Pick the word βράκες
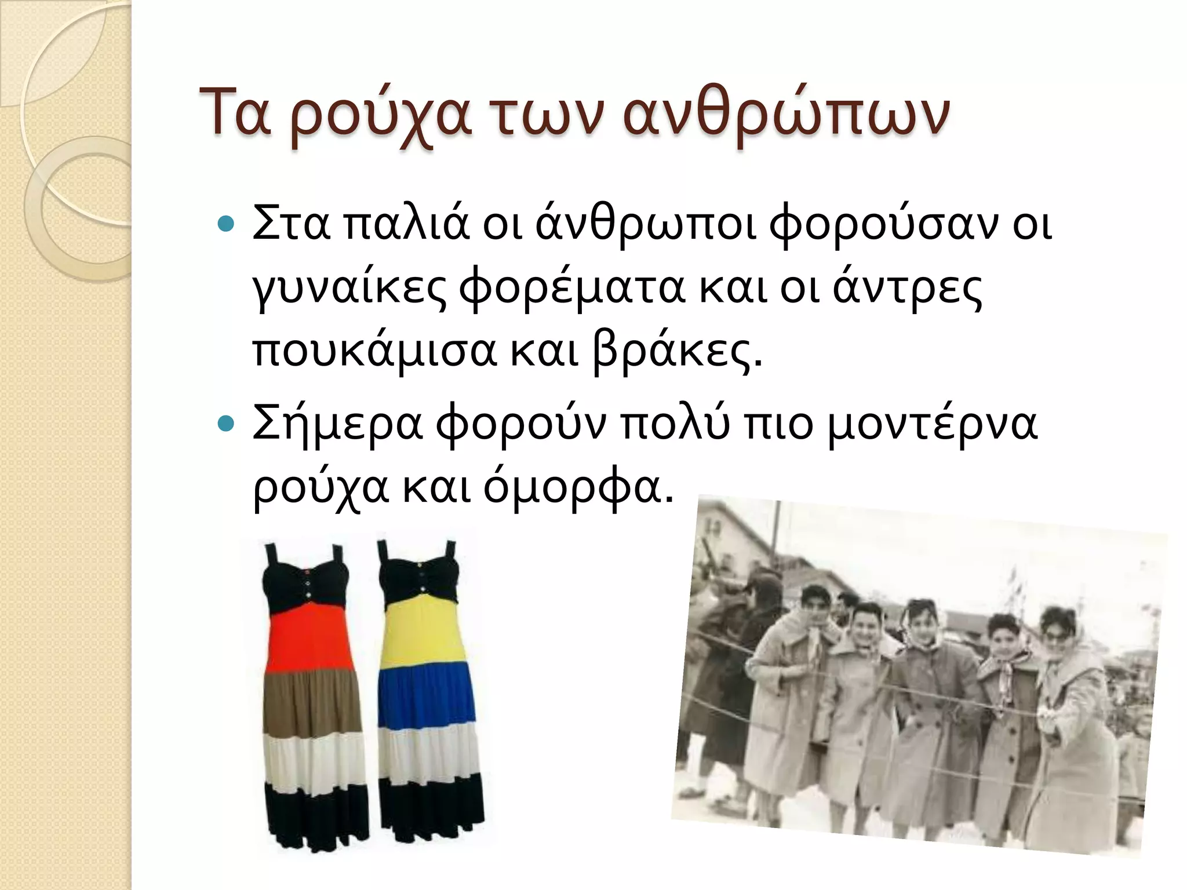676,353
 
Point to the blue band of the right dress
426,695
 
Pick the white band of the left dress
315,759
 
